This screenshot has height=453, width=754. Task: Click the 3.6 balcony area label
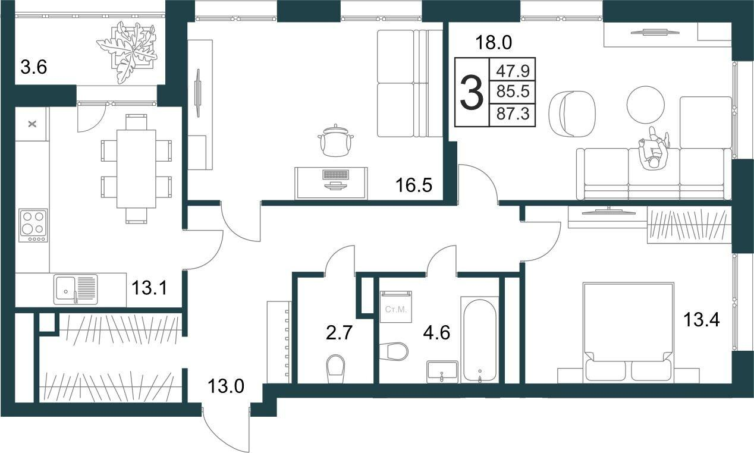pyautogui.click(x=34, y=67)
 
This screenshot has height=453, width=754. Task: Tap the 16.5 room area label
pyautogui.click(x=414, y=185)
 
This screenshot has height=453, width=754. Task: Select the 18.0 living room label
pyautogui.click(x=494, y=43)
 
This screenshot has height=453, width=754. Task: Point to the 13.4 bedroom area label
pyautogui.click(x=701, y=319)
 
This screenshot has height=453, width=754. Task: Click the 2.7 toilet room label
pyautogui.click(x=339, y=332)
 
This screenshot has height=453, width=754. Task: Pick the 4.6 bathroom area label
pyautogui.click(x=436, y=332)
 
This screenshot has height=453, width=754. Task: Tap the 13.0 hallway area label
pyautogui.click(x=225, y=386)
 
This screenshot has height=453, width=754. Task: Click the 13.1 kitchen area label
pyautogui.click(x=149, y=288)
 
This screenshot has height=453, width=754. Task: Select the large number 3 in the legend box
pyautogui.click(x=472, y=93)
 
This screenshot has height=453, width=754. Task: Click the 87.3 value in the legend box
pyautogui.click(x=513, y=114)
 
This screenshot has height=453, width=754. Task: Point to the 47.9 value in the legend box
pyautogui.click(x=513, y=71)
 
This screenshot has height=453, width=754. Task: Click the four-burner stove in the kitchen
pyautogui.click(x=33, y=225)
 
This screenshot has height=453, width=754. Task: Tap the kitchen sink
pyautogui.click(x=76, y=289)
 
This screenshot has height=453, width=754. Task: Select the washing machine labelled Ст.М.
pyautogui.click(x=396, y=307)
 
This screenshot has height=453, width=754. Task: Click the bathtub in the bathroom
pyautogui.click(x=480, y=340)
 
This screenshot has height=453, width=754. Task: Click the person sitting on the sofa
pyautogui.click(x=654, y=149)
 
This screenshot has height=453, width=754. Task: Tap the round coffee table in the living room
pyautogui.click(x=646, y=105)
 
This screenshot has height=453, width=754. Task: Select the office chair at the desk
pyautogui.click(x=335, y=141)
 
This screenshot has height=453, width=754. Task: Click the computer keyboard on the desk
pyautogui.click(x=335, y=175)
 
